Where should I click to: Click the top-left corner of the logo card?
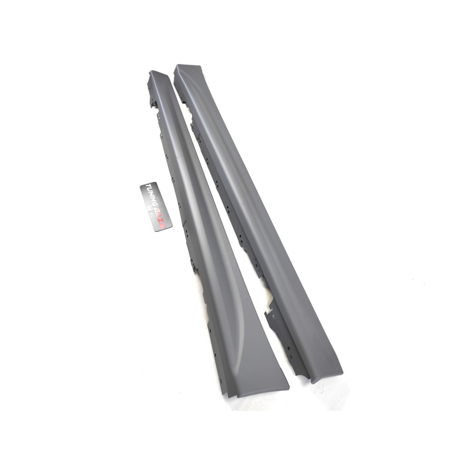(x=140, y=186)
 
